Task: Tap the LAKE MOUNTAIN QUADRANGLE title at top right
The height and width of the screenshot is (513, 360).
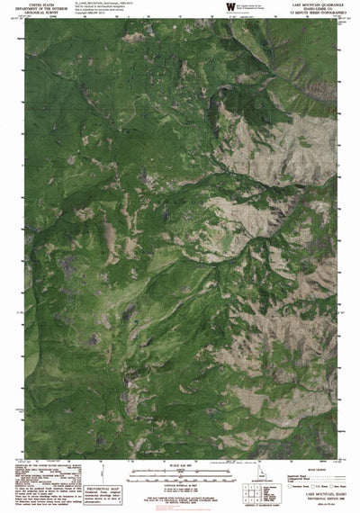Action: (x=326, y=5)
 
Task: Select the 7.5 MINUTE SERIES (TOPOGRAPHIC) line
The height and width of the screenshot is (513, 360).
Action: (x=326, y=15)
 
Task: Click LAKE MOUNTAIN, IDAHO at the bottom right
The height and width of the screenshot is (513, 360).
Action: (x=328, y=496)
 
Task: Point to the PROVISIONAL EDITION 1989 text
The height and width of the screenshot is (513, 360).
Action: (x=328, y=500)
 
